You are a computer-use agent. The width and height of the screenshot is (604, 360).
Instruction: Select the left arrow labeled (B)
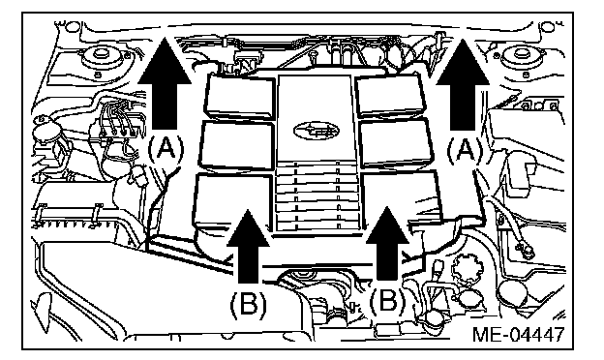pos(248,247)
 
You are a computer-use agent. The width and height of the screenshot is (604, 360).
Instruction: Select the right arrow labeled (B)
pos(387,244)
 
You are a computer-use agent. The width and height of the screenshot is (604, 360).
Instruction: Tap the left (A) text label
pos(166,149)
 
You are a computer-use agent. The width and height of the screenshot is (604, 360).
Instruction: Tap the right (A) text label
pos(465,150)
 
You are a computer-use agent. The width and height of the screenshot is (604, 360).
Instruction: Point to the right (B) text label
pos(387,301)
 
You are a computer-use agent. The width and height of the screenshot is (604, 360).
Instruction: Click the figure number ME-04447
pos(518,334)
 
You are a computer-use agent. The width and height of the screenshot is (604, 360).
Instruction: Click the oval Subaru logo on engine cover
pos(317,131)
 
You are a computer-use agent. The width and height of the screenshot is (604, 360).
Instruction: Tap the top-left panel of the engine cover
pos(240,96)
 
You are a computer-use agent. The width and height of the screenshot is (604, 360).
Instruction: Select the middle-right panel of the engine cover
pos(396,142)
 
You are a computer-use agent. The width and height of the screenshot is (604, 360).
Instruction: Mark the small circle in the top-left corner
pos(71,27)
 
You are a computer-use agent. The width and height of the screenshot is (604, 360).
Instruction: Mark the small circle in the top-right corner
pos(546,27)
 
